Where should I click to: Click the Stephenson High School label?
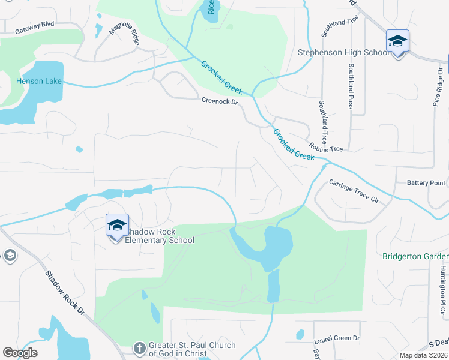tap(344, 52)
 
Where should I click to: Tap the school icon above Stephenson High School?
tap(397, 41)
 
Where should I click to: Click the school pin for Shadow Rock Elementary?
tap(117, 226)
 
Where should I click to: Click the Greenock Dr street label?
tap(220, 102)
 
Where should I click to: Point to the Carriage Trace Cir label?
tap(354, 190)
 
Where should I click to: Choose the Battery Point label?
tap(426, 182)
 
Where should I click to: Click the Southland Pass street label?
tap(351, 87)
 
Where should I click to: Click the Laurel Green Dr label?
tap(336, 338)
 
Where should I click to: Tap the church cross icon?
tap(139, 348)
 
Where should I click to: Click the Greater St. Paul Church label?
tap(191, 349)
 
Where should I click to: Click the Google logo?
tap(20, 353)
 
